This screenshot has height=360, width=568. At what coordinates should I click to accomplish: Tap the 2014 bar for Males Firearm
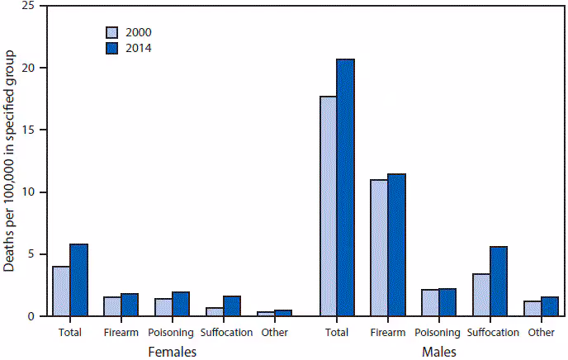(x=397, y=245)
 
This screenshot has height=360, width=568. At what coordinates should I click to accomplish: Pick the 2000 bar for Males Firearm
(x=379, y=248)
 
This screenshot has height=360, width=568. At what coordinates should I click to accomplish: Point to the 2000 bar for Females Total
(x=61, y=291)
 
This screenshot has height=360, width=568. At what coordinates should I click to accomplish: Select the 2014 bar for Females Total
(x=79, y=280)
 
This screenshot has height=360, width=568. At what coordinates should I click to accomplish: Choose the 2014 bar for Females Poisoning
(x=182, y=304)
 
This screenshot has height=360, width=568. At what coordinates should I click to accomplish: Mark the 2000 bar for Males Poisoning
(x=429, y=303)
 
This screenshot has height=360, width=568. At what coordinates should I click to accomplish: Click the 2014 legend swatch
(x=112, y=48)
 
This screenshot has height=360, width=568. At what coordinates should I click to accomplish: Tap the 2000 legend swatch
(x=112, y=33)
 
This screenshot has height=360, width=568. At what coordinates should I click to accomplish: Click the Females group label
(x=172, y=351)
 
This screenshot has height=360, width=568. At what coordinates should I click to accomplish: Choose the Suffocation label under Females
(x=224, y=333)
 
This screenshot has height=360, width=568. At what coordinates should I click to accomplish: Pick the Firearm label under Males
(x=388, y=333)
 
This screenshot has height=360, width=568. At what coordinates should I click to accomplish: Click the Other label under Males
(x=542, y=333)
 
